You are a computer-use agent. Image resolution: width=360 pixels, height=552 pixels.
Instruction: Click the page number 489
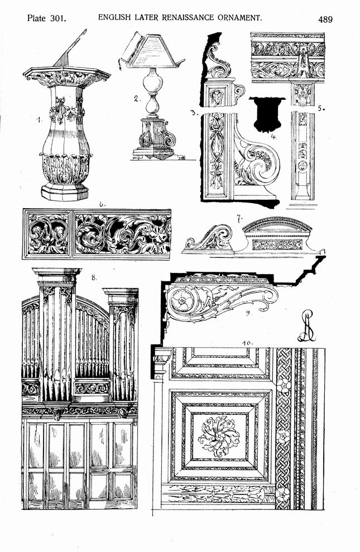point(325,19)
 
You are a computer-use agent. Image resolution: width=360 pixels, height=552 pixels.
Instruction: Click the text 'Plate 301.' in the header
point(47,18)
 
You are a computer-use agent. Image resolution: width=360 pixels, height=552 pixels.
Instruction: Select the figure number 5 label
point(320,108)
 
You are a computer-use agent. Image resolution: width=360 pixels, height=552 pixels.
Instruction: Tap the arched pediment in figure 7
point(277,224)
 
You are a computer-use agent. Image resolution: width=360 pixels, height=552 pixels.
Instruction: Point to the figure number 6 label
point(102,204)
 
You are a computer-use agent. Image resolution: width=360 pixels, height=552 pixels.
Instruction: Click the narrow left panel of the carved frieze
point(48,234)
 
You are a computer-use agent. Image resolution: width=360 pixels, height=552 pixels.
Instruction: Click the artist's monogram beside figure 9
point(306,325)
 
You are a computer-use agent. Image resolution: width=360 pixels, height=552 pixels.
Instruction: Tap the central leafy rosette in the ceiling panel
point(219,436)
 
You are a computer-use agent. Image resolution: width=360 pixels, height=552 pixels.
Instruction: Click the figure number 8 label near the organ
point(94,277)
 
